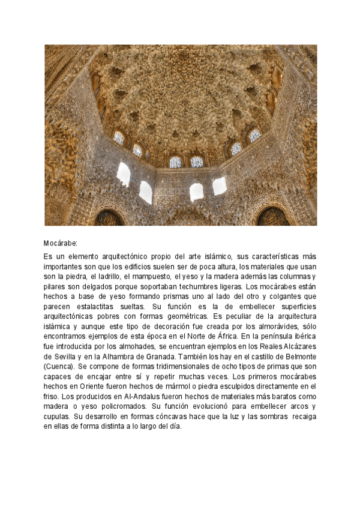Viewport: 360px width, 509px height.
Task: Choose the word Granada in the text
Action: point(152,357)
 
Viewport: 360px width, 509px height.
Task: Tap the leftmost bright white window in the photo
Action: point(124,174)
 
